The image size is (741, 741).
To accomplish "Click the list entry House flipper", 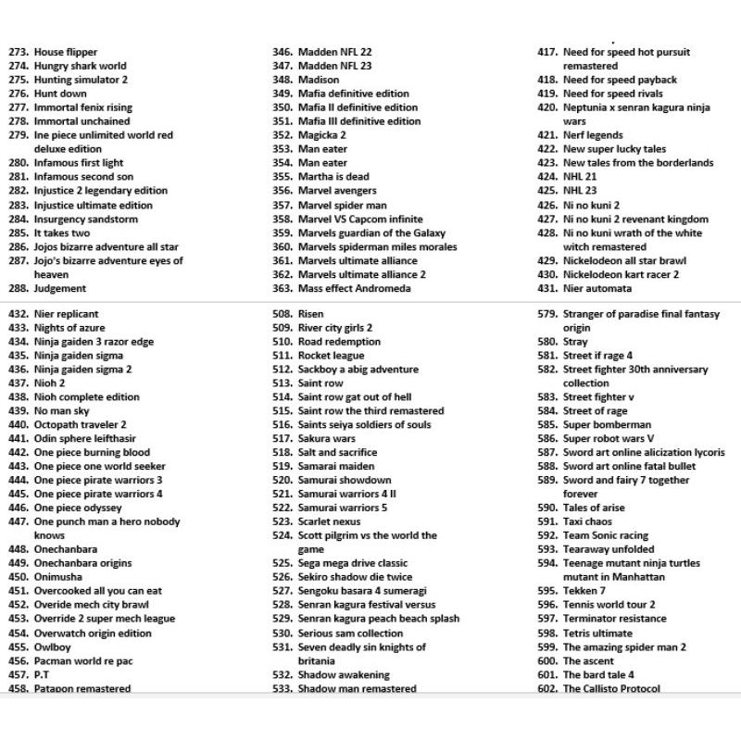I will [65, 52].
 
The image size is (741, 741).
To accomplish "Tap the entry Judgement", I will [60, 289].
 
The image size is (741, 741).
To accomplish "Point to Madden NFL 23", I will [334, 66].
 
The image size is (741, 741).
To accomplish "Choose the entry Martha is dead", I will [333, 177].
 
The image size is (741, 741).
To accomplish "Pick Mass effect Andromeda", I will [354, 289].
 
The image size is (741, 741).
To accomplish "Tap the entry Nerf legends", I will [593, 135].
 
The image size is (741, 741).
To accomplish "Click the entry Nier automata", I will [597, 289].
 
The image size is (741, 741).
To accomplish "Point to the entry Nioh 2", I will [50, 383].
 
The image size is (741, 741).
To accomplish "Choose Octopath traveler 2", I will [81, 425].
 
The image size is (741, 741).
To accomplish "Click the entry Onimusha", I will [58, 577].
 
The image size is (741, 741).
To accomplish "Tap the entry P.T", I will [42, 675].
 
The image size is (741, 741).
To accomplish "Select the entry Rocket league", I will [331, 356].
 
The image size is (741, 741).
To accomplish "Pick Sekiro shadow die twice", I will [355, 577].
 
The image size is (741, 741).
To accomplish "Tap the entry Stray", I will [575, 342].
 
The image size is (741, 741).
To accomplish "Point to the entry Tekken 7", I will [584, 591].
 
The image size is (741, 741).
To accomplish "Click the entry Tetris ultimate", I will [597, 634].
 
